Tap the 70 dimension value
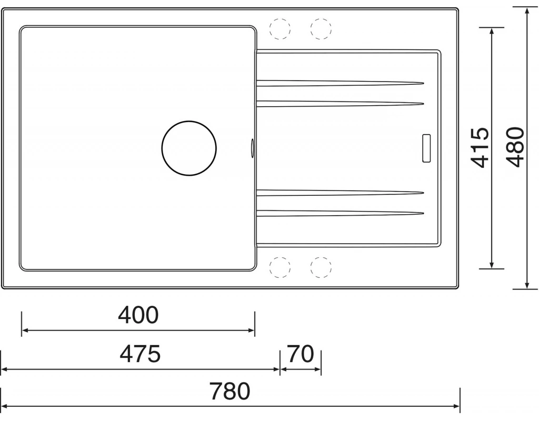[301, 354]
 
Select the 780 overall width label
[230, 391]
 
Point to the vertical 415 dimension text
[480, 147]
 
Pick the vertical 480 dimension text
[516, 147]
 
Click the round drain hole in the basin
[189, 148]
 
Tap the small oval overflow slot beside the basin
[253, 148]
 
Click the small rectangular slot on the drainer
[426, 148]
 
